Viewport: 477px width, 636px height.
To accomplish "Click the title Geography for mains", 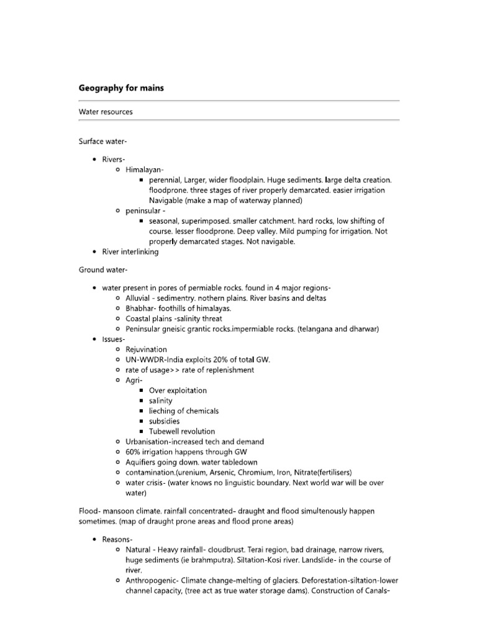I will tap(121, 88).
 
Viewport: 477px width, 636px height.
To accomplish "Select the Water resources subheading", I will tap(105, 112).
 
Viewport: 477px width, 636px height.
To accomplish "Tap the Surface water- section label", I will tap(102, 141).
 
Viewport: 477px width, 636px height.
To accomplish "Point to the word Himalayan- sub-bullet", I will tap(145, 170).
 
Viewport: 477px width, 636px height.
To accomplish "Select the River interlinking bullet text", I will tap(130, 252).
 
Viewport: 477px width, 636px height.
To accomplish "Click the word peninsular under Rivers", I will tap(143, 211).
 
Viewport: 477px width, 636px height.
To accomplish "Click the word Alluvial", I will tap(139, 298).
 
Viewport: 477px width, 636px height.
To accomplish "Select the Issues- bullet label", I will tap(114, 339).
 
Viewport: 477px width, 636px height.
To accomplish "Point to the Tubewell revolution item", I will tap(182, 431).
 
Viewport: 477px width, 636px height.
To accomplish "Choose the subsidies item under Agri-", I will tap(165, 421).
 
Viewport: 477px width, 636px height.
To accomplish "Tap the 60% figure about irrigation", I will tap(135, 452).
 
